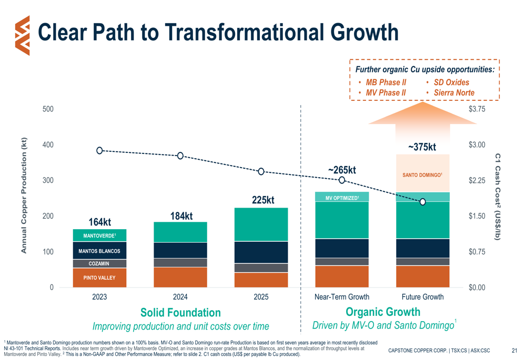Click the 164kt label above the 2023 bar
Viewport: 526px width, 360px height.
(x=99, y=222)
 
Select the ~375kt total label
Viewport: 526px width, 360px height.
(x=422, y=147)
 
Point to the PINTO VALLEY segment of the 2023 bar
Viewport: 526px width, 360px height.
(x=99, y=277)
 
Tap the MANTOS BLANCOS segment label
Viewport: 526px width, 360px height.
(x=99, y=251)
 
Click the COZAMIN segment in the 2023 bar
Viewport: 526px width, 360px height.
(x=99, y=263)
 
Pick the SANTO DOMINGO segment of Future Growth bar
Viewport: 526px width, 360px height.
(x=422, y=174)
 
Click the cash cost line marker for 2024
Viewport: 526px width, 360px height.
(x=180, y=156)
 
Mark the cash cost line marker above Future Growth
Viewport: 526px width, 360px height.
(x=422, y=202)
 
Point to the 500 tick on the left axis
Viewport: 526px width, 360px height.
(x=48, y=109)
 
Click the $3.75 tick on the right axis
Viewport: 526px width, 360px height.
(x=477, y=109)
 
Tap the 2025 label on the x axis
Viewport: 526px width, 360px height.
(x=261, y=297)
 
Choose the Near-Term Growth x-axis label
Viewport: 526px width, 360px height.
(x=341, y=297)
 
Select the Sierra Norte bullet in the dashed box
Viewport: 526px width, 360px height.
(x=453, y=92)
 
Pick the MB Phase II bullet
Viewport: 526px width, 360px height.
(x=386, y=83)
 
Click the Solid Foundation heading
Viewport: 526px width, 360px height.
(x=180, y=313)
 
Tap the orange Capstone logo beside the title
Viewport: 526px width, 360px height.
(x=23, y=34)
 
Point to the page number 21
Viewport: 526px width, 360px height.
(x=514, y=350)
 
